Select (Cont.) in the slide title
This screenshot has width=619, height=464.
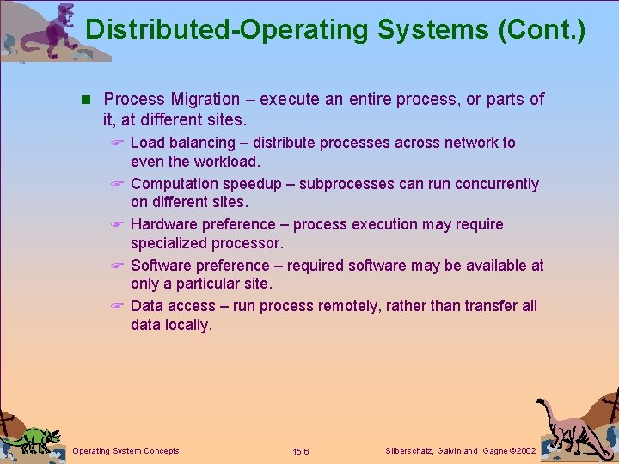pyautogui.click(x=542, y=30)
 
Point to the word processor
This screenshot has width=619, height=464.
pyautogui.click(x=245, y=243)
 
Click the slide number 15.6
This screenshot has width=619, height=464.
pyautogui.click(x=301, y=452)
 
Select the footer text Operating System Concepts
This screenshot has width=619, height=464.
pyautogui.click(x=126, y=451)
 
